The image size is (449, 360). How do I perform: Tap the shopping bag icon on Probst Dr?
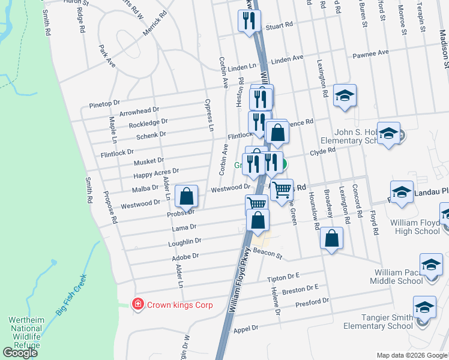click(187, 196)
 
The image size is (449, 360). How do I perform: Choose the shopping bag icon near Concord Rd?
click(331, 238)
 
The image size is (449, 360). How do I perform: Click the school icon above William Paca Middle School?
click(431, 264)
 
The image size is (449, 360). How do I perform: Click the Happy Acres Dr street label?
click(157, 173)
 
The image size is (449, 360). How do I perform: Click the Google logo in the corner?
click(20, 353)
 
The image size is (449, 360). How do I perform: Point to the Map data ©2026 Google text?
click(411, 355)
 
